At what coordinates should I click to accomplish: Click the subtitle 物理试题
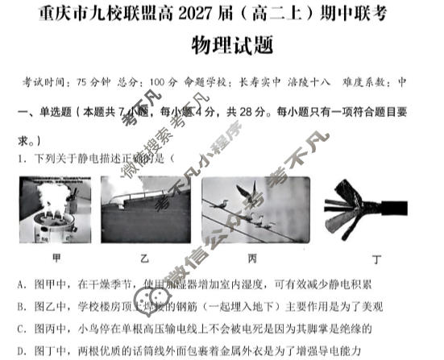pos(230,46)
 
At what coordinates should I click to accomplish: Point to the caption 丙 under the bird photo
pos(252,259)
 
